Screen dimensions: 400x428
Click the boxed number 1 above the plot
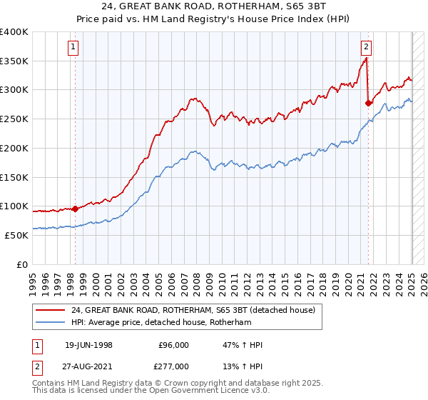[74, 48]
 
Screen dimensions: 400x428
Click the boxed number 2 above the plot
[366, 48]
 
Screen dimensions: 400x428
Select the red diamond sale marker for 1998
[76, 209]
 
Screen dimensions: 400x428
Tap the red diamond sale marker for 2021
[369, 103]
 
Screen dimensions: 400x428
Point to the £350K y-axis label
[14, 61]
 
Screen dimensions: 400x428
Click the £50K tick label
[17, 235]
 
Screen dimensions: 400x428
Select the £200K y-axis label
[14, 148]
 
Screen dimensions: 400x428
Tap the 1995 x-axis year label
[33, 279]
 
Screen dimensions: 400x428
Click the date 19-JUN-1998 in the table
[88, 345]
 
